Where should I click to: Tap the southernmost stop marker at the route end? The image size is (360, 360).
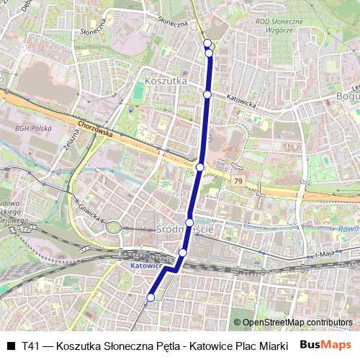tap(151, 297)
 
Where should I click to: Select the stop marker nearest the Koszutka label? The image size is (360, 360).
tap(207, 94)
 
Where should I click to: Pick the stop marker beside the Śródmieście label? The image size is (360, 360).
tap(189, 222)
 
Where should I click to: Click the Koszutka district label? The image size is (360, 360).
tap(166, 81)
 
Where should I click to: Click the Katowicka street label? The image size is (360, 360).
tap(240, 102)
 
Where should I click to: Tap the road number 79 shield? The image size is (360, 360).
tap(238, 179)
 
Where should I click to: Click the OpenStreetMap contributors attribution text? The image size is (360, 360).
tap(297, 322)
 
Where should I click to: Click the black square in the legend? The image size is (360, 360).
tap(11, 346)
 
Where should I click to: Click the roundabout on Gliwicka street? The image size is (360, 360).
tap(114, 228)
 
